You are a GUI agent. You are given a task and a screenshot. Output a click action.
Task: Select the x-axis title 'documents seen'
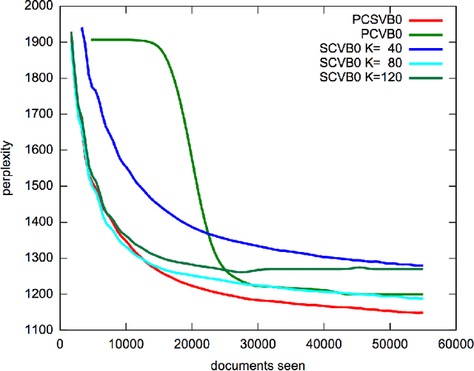[x=258, y=364]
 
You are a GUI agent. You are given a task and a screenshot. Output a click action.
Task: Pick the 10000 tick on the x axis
[x=126, y=344]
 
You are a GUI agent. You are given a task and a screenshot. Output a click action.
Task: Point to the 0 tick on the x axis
[x=60, y=344]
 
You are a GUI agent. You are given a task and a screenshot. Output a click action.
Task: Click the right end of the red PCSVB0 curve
[x=422, y=313]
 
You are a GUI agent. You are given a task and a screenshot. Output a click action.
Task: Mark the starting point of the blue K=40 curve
[x=81, y=28]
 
